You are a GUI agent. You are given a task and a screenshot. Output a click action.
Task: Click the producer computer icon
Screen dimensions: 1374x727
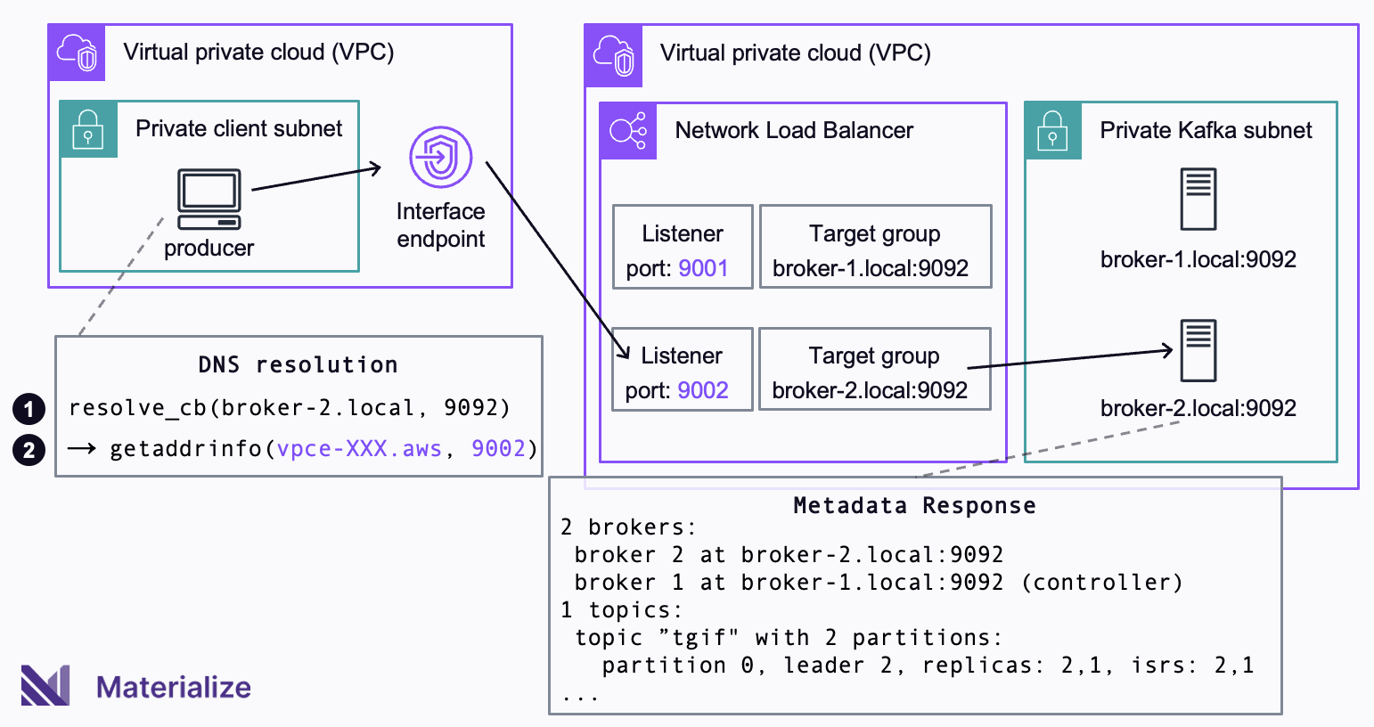tap(209, 200)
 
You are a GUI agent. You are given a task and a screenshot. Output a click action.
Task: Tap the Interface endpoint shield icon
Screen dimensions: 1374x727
tap(440, 157)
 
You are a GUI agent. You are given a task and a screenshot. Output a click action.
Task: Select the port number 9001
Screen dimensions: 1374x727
tap(703, 268)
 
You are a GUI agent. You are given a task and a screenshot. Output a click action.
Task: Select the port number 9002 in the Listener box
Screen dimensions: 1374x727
tap(703, 390)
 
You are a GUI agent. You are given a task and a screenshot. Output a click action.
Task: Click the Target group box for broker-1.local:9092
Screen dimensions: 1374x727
tap(875, 247)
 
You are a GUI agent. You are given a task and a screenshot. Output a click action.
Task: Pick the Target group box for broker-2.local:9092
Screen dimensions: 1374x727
tap(875, 369)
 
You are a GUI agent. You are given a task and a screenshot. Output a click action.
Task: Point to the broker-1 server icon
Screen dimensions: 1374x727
tap(1198, 199)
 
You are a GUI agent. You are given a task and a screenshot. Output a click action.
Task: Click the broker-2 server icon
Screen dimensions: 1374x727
tap(1198, 350)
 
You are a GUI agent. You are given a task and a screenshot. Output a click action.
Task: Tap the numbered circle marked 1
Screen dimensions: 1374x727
tap(29, 409)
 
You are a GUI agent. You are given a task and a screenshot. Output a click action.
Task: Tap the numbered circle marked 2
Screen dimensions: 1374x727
tap(29, 450)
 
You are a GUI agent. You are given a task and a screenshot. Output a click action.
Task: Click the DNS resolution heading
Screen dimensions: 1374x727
tap(299, 365)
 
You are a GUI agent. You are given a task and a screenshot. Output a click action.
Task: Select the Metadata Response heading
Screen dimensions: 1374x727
tap(914, 505)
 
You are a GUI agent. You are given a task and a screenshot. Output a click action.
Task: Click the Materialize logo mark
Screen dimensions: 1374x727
tap(45, 685)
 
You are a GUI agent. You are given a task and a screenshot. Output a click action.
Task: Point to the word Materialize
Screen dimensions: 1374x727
tap(174, 687)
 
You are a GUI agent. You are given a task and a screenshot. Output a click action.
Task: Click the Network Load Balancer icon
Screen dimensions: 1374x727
tap(628, 131)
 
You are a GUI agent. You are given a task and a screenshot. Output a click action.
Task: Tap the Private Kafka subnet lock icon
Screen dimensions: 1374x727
tap(1052, 131)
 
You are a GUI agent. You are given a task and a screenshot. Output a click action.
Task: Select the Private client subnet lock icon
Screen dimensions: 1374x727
tap(88, 129)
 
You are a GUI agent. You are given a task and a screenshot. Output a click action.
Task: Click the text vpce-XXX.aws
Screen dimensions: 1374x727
tap(359, 449)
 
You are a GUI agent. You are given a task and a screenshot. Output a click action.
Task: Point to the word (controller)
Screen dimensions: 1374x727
tap(1101, 582)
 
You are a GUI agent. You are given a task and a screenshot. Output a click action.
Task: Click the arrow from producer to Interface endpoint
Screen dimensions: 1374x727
tap(316, 178)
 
